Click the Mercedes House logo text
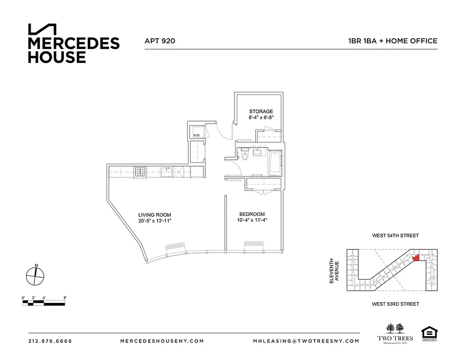[74, 50]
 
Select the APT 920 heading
[159, 41]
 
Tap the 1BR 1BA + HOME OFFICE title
[392, 41]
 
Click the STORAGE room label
[261, 112]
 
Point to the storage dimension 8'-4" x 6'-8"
[261, 118]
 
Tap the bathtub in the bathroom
[274, 164]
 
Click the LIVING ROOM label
[154, 215]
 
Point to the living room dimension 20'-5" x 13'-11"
[154, 221]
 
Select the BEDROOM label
[252, 214]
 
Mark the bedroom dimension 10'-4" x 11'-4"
[252, 220]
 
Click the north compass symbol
[35, 275]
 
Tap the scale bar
[45, 303]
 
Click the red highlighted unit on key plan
[416, 257]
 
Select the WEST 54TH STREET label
[395, 235]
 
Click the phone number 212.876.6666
[50, 341]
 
